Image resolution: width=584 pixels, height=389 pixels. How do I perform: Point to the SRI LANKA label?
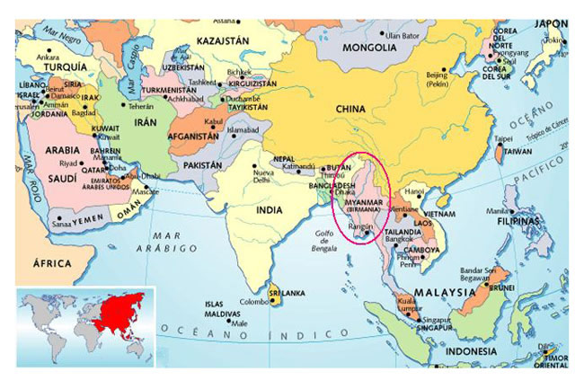pos(288,294)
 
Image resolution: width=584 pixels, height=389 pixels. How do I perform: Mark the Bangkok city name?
pos(399,239)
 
